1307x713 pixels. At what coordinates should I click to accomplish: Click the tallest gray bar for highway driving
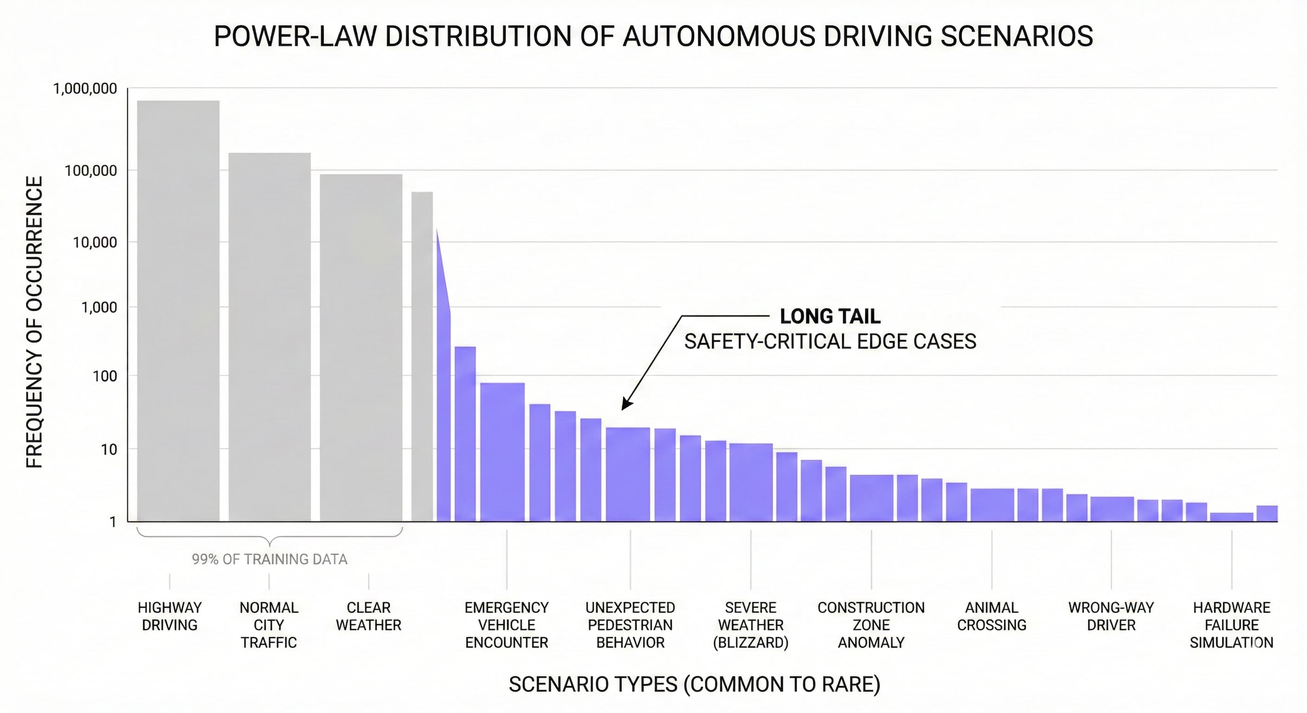tap(178, 310)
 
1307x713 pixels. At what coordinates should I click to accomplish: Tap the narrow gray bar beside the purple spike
tap(421, 355)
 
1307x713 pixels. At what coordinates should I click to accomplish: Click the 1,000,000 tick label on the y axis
tap(85, 89)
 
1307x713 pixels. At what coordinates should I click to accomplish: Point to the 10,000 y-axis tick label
tap(94, 243)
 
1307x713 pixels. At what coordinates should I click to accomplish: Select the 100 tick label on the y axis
tap(104, 376)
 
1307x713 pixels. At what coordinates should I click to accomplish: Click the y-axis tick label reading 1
tap(113, 522)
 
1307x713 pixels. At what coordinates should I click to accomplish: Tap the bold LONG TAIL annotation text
tap(829, 316)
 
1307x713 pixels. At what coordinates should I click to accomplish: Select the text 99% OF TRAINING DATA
tap(269, 559)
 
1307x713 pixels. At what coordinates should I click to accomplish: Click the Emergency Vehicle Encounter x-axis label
tap(506, 625)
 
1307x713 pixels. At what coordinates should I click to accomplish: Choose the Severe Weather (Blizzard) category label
tap(751, 625)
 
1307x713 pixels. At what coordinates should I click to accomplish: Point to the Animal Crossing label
tap(991, 616)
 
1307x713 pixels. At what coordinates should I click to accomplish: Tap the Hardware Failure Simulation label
tap(1231, 625)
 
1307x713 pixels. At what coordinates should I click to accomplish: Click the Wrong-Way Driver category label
tap(1111, 616)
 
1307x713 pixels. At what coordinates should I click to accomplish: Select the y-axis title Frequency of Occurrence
tap(34, 322)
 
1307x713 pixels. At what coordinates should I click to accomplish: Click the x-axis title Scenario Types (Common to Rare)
tap(694, 685)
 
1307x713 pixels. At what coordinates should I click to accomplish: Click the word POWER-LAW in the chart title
tap(295, 37)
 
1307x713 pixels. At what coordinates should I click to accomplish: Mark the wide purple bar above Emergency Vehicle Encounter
tap(502, 452)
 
